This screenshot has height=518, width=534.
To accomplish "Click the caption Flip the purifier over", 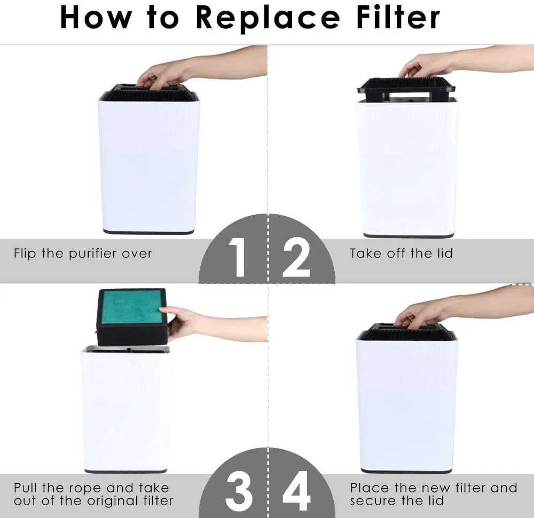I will [x=83, y=253].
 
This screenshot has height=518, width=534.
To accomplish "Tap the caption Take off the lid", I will [x=401, y=253].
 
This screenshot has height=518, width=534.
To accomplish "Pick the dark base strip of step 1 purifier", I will [x=148, y=232].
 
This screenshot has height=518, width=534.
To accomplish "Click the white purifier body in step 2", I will [x=407, y=166].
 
